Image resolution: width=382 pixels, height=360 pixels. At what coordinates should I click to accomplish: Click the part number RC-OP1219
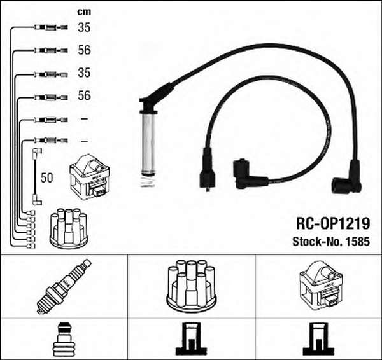[333, 224]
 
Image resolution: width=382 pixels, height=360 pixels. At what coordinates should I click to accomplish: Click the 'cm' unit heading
[84, 11]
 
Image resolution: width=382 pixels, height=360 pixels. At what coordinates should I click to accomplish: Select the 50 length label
[46, 177]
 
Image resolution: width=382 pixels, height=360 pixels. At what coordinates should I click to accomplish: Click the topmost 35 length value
[84, 27]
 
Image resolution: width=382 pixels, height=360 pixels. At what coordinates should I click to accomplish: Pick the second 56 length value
[84, 95]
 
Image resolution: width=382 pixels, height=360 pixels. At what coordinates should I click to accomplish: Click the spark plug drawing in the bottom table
[64, 286]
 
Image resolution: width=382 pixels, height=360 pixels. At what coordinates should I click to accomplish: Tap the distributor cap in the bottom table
[192, 286]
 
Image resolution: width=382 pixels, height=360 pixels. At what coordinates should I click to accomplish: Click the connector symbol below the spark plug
[64, 338]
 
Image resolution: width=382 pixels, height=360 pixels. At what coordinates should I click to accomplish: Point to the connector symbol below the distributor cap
[192, 338]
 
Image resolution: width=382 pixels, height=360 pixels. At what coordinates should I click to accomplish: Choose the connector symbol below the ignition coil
[318, 338]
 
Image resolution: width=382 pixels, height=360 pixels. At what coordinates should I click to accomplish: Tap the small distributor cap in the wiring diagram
[69, 228]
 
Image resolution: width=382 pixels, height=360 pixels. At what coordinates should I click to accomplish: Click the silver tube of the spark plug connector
[148, 144]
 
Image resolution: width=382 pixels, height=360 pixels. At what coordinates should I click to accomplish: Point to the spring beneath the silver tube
[148, 181]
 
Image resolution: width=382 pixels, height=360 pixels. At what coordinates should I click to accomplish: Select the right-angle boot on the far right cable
[348, 177]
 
